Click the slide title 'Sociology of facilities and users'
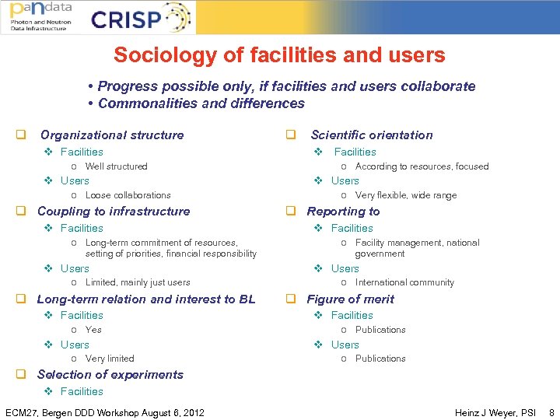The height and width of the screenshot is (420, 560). click(279, 55)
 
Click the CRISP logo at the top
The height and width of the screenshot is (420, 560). click(140, 18)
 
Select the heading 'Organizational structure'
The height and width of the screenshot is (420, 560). click(112, 135)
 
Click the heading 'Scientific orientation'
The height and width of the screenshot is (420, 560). click(371, 135)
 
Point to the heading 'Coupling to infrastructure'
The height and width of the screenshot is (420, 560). click(114, 212)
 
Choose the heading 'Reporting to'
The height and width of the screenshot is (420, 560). click(343, 212)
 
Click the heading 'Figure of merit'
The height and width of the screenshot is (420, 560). click(350, 299)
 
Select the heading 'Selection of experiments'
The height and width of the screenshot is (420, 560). click(110, 375)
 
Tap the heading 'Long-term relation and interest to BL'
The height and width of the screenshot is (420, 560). click(146, 299)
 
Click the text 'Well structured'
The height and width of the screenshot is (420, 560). click(116, 166)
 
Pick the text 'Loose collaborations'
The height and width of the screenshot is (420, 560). click(128, 195)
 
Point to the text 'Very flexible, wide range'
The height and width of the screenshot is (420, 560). click(405, 195)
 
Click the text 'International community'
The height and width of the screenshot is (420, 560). click(404, 282)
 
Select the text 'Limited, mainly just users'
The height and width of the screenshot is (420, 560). click(138, 282)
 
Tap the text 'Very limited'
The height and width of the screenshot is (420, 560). click(110, 359)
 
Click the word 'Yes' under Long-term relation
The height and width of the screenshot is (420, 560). click(93, 330)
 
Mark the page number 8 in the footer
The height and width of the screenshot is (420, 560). click(551, 412)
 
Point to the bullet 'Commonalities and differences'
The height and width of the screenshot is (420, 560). click(201, 103)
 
